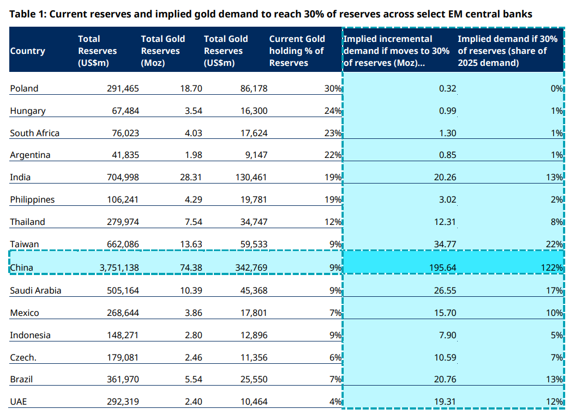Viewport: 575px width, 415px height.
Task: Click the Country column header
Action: (x=27, y=51)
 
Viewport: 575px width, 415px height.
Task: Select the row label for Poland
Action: (x=24, y=89)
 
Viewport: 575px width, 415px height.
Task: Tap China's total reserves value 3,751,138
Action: (x=119, y=268)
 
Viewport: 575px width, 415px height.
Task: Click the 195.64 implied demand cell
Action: (x=442, y=268)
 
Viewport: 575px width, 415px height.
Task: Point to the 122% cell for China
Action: (x=552, y=268)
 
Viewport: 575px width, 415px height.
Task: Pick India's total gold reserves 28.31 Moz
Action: (x=191, y=178)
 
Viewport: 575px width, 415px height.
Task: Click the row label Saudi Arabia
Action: (x=35, y=291)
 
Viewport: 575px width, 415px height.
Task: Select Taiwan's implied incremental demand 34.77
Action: (x=445, y=244)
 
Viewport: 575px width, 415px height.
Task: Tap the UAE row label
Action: (x=19, y=402)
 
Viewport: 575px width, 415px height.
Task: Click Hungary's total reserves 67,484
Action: (x=125, y=111)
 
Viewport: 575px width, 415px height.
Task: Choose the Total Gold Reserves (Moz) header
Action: (x=163, y=51)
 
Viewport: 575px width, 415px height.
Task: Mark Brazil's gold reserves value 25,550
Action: (x=254, y=380)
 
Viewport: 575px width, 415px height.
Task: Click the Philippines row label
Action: (x=32, y=200)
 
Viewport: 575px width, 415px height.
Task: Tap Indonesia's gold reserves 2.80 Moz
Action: (x=193, y=335)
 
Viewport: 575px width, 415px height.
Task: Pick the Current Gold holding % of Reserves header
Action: (x=297, y=51)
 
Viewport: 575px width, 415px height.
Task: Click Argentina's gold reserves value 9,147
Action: (x=256, y=155)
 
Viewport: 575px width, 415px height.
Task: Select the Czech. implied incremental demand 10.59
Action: (x=445, y=358)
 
